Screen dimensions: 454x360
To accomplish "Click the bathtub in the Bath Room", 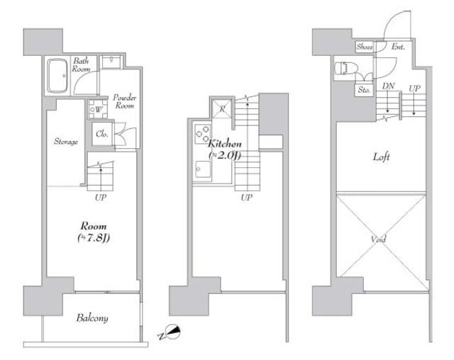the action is [x=57, y=76].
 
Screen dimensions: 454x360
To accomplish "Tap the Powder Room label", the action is [x=125, y=101].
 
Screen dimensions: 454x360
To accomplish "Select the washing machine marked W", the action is [x=98, y=109].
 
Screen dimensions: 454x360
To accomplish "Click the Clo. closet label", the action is [x=102, y=134].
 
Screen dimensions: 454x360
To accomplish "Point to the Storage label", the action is [x=66, y=142].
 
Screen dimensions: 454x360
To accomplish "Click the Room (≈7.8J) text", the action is [x=94, y=232].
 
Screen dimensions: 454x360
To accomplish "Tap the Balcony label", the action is [x=92, y=318].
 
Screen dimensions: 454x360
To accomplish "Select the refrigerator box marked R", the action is [x=222, y=108].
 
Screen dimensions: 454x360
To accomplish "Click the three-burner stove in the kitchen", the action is [x=202, y=134].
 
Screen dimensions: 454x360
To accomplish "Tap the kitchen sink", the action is [x=203, y=170].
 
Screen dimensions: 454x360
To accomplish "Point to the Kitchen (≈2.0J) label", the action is [x=225, y=150].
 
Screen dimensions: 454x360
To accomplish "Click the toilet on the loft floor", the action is [x=345, y=69].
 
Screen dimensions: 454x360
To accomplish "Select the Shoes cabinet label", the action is [x=364, y=47].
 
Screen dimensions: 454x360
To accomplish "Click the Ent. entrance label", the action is [x=398, y=47].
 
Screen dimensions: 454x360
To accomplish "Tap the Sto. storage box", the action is [x=364, y=89].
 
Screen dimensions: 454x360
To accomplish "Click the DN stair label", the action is [x=388, y=86].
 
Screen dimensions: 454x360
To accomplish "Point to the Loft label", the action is [x=381, y=157].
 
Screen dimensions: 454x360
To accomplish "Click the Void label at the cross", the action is [x=379, y=240].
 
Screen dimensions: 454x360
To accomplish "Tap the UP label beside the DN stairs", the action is [x=414, y=88].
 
